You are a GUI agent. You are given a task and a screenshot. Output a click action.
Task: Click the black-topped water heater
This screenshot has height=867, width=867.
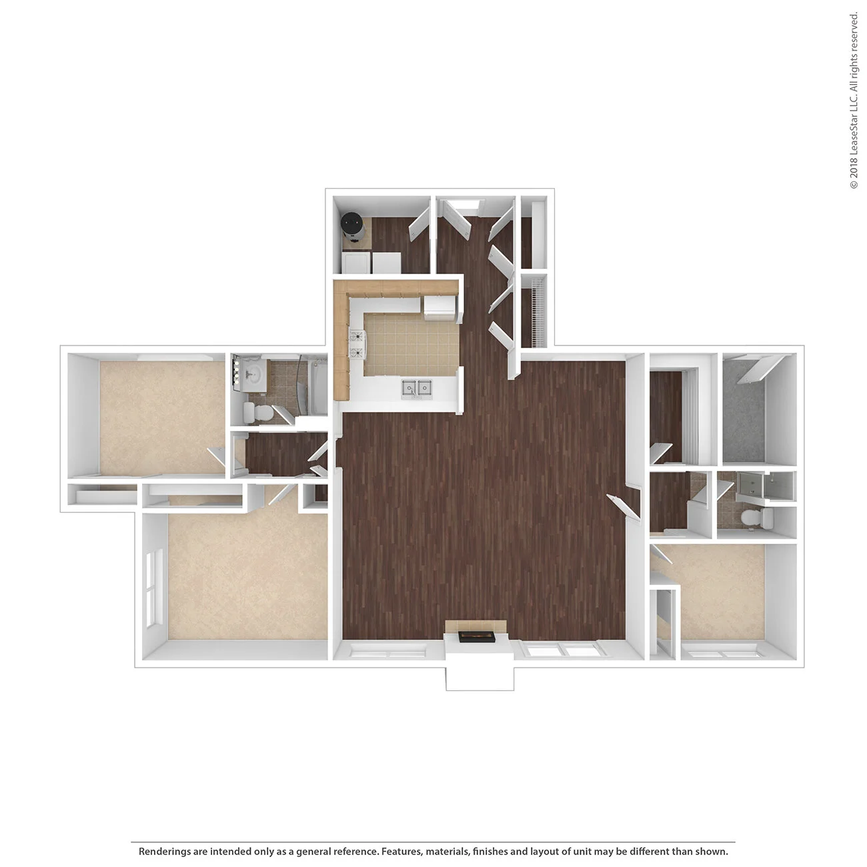click(351, 224)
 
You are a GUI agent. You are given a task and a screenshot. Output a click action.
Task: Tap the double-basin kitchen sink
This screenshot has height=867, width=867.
click(416, 388)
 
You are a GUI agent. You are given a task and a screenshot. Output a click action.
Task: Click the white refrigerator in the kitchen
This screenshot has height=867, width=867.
click(440, 309)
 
